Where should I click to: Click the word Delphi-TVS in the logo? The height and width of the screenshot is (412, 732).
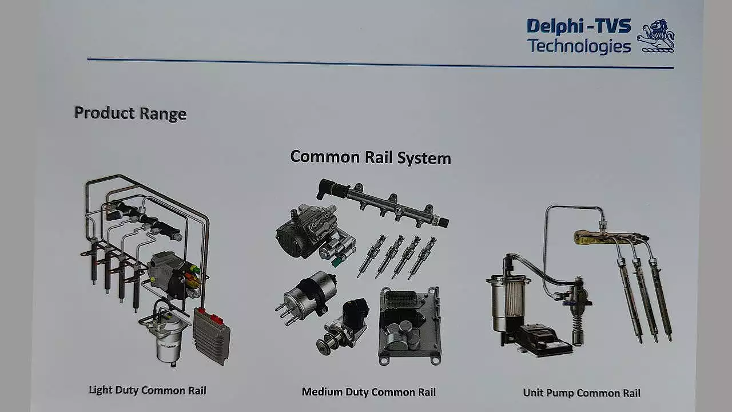coord(578,26)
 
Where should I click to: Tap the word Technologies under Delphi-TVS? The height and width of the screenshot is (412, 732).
coord(578,46)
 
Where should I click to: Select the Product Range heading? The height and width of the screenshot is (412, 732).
coord(130,113)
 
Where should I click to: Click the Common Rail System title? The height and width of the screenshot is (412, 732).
coord(371,157)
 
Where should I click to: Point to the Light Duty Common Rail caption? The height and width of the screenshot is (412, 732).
coord(148,390)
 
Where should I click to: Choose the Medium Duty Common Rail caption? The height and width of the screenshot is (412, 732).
coord(369,392)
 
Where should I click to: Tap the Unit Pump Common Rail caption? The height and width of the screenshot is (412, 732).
coord(582,393)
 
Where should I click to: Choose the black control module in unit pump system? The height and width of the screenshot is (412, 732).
coord(544,338)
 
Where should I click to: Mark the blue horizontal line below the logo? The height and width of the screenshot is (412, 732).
coord(380,64)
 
